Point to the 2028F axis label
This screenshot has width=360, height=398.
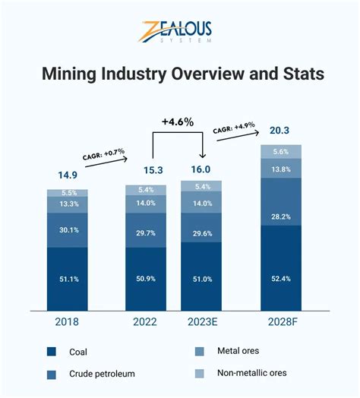point(281,321)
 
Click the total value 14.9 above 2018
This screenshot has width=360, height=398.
point(67,175)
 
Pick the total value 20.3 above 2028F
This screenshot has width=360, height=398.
point(280,128)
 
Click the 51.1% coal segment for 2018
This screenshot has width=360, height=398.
point(67,279)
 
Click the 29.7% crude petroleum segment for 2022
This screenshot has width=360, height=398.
point(146,232)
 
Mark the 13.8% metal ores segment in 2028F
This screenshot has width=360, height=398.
point(280,168)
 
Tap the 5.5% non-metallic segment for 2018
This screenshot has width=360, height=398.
point(67,194)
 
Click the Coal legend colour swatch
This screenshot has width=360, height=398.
point(52,351)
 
